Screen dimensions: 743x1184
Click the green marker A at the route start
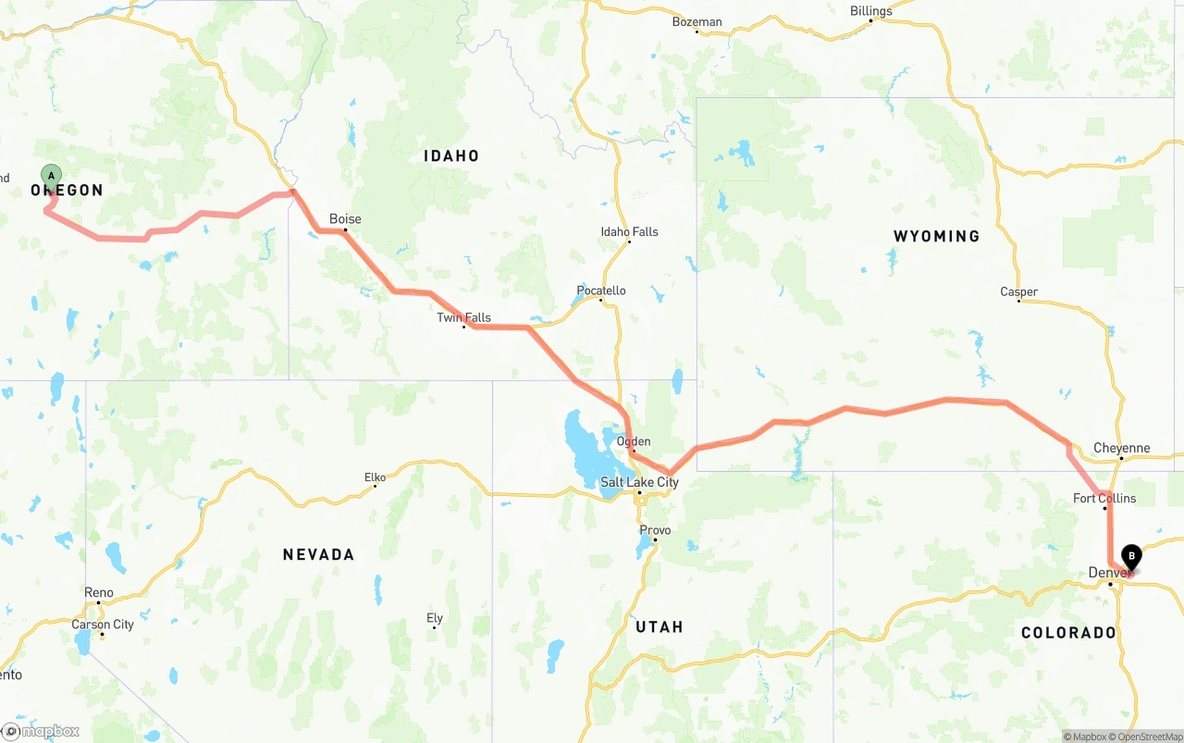(52, 175)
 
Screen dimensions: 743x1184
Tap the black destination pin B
(1130, 556)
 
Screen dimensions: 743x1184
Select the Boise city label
(345, 219)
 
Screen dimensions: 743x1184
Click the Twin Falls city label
(463, 317)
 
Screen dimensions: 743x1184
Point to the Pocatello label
(600, 291)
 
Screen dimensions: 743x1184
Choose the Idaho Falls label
(629, 231)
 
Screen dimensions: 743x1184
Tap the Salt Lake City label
(639, 482)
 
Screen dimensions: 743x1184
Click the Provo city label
(655, 530)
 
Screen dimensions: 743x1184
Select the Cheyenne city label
(1121, 448)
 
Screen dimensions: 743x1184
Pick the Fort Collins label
(1104, 498)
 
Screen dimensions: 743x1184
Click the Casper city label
(1018, 291)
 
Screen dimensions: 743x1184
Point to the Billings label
(870, 11)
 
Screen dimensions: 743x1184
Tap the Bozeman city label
(697, 21)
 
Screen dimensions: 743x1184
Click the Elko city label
(375, 477)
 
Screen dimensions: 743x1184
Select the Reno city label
(98, 592)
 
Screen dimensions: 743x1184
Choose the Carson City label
(103, 625)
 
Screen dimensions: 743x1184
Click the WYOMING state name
(936, 236)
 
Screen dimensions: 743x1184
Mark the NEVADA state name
(318, 554)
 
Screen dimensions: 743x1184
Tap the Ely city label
(435, 618)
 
